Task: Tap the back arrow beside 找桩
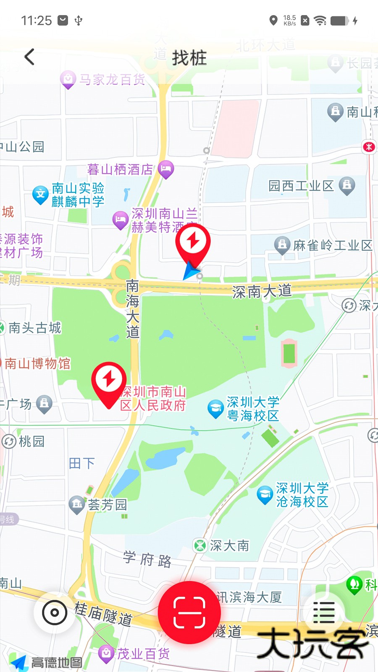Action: click(29, 57)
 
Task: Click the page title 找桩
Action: click(189, 58)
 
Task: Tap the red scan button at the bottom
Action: click(189, 612)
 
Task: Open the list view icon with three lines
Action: click(324, 612)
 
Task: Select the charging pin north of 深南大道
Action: click(193, 243)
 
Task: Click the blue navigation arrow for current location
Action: click(191, 271)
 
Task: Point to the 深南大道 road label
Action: click(262, 291)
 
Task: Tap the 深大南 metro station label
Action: click(229, 546)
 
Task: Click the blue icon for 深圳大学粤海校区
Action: click(215, 409)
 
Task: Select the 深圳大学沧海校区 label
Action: click(302, 495)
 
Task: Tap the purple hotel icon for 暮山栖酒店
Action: click(166, 169)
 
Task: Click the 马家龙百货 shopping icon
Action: click(68, 79)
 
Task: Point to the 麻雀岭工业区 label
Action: click(333, 245)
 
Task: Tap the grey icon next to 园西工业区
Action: click(347, 185)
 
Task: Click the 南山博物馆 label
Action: click(38, 363)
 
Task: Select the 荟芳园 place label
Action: click(107, 504)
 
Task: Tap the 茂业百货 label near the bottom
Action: click(143, 654)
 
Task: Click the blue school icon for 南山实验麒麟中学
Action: click(41, 194)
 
